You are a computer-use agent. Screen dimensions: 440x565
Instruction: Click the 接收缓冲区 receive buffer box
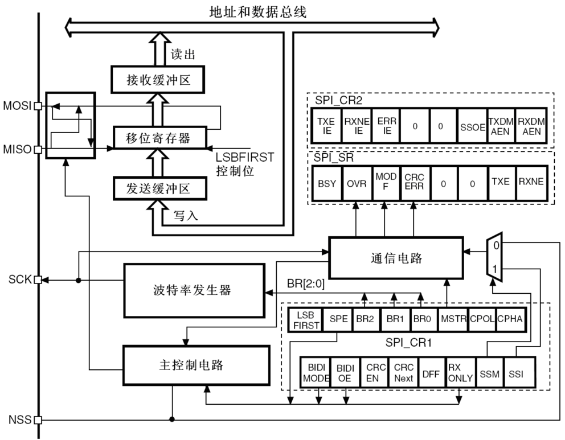tap(157, 80)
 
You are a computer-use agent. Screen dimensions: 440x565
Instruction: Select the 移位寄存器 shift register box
tap(158, 137)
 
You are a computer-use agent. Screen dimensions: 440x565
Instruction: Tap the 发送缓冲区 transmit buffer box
tap(158, 188)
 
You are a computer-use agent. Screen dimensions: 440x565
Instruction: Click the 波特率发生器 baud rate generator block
tap(194, 290)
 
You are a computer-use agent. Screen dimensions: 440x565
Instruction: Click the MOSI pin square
tap(38, 106)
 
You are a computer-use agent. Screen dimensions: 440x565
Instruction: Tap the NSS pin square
tap(38, 421)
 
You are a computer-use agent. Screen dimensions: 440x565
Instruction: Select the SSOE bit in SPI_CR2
tap(472, 125)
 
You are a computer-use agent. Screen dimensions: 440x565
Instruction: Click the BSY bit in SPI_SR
tap(327, 183)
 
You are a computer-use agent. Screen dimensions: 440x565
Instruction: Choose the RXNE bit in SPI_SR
tap(531, 183)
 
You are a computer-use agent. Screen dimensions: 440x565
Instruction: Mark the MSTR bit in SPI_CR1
tap(453, 320)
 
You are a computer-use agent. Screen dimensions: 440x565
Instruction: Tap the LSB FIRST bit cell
tap(305, 320)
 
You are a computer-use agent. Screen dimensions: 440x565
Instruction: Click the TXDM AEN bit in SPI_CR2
tap(501, 125)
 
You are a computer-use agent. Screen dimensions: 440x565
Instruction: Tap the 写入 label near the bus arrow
tap(186, 216)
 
